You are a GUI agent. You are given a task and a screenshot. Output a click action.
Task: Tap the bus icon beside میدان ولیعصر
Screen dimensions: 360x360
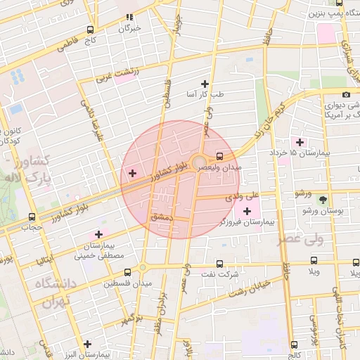(x=219, y=156)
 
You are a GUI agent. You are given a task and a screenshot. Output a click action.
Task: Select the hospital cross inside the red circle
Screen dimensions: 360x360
(x=132, y=172)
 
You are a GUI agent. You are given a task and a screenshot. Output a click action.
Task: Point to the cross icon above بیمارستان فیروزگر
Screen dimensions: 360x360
(x=247, y=211)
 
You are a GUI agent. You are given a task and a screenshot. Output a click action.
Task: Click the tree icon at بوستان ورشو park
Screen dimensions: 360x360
(x=323, y=200)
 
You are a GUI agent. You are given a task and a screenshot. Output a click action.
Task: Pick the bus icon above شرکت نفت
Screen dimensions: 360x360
(x=219, y=264)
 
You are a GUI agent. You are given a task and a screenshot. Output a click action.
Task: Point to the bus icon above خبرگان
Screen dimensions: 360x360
(x=129, y=17)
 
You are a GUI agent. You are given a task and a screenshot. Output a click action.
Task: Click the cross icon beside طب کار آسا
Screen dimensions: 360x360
(x=205, y=84)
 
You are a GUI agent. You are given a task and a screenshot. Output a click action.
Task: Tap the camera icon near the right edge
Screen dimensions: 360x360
(x=346, y=95)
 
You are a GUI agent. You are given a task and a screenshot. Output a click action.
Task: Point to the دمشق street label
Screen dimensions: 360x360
(x=161, y=219)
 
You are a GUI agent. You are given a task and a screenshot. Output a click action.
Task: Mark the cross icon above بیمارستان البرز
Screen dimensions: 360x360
(x=86, y=345)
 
